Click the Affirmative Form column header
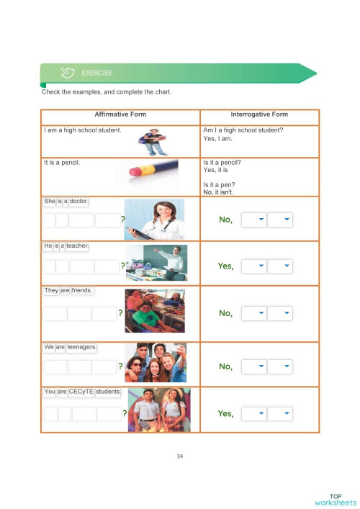[x=120, y=114]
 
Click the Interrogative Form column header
[x=259, y=114]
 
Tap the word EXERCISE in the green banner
[x=97, y=73]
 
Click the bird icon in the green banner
[x=68, y=73]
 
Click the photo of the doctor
[x=155, y=219]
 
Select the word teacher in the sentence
[x=78, y=246]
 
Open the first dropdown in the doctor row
[x=254, y=220]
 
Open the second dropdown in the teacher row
[x=280, y=266]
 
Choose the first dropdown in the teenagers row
[x=254, y=366]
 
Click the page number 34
[x=180, y=455]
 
